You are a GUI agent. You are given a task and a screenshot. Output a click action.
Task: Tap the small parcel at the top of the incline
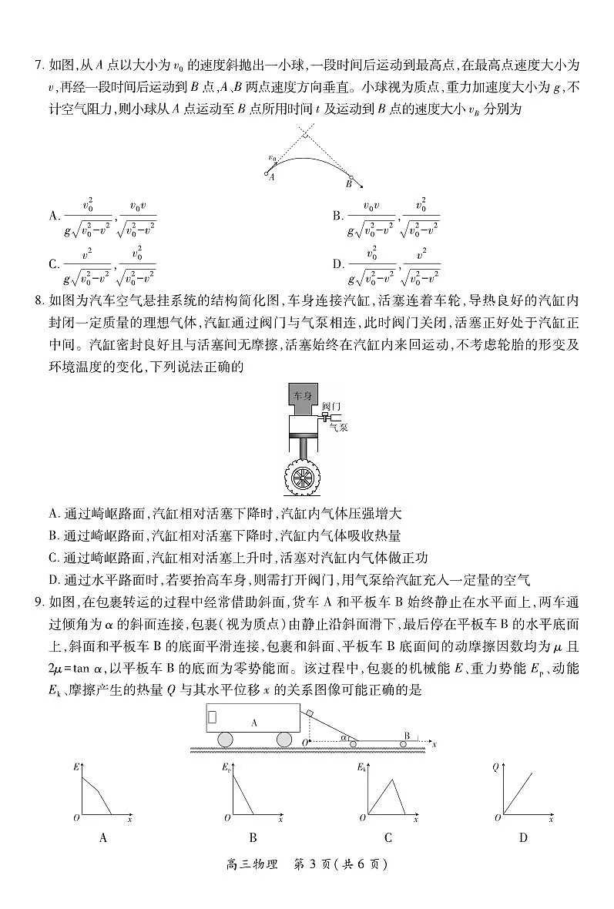(308, 713)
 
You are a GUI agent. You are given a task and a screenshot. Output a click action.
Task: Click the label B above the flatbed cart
(408, 736)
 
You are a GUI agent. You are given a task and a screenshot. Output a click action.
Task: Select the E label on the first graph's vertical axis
(76, 767)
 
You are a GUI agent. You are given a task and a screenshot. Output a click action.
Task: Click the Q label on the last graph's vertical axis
(495, 767)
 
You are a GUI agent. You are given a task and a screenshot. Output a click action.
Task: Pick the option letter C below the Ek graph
(388, 838)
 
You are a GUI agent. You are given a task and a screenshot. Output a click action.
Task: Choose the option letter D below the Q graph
(523, 838)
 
